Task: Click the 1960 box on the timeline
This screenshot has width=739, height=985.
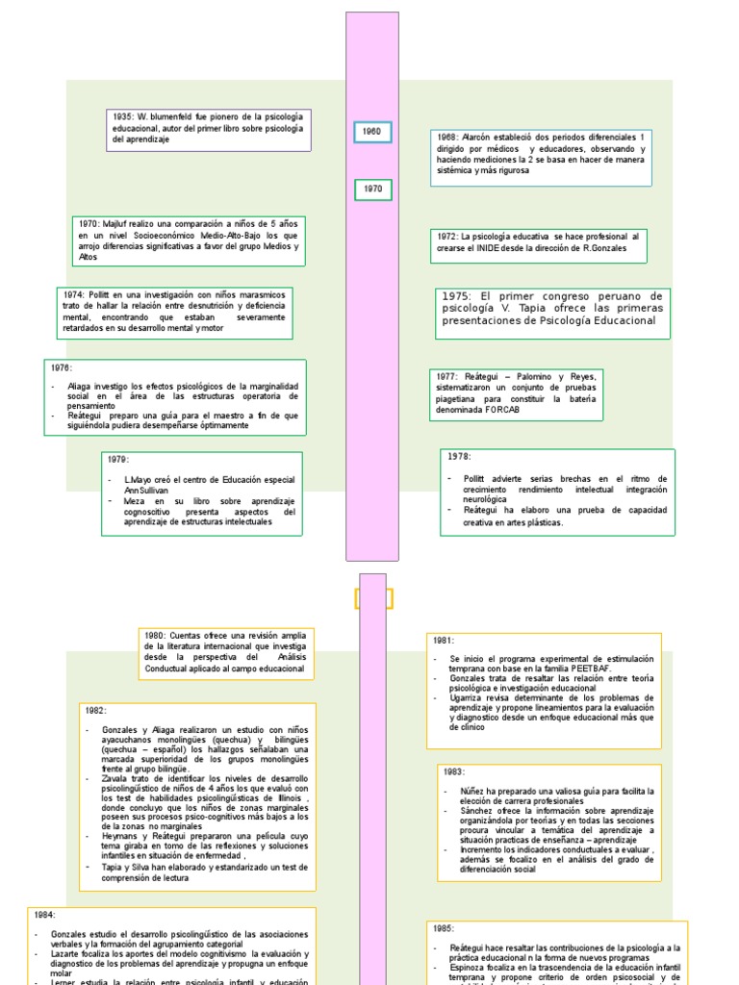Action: (x=371, y=132)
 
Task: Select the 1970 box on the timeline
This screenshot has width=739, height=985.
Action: (x=372, y=189)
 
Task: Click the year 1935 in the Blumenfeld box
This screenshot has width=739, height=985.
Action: (x=122, y=116)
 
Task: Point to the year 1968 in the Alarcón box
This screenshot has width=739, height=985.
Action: (x=447, y=138)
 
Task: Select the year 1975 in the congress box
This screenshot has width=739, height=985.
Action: (x=459, y=296)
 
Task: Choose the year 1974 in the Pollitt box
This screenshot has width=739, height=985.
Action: (x=74, y=293)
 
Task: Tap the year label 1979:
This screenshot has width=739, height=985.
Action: (x=119, y=460)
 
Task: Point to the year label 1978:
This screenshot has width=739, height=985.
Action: (x=459, y=457)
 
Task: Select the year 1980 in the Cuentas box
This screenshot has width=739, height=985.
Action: (x=155, y=636)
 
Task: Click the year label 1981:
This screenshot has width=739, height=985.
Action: (x=444, y=640)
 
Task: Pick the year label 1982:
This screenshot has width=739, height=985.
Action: (x=94, y=710)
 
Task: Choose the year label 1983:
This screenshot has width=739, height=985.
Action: (x=454, y=771)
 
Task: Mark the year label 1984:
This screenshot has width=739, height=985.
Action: (x=45, y=915)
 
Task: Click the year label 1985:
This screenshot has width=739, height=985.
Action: (x=443, y=928)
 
